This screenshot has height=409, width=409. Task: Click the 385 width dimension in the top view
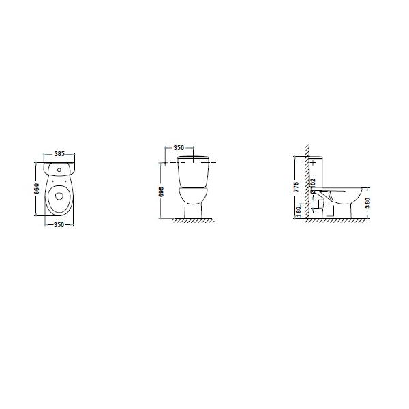(59, 154)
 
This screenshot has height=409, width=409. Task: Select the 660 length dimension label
(37, 189)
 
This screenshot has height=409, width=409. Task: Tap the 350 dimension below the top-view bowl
(59, 224)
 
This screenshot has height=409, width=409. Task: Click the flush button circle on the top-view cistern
(59, 170)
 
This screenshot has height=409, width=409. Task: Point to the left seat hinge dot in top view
(52, 181)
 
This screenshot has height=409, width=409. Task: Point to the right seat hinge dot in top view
(65, 181)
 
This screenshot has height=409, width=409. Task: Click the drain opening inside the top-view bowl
(59, 196)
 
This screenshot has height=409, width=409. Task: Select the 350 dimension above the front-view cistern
(179, 148)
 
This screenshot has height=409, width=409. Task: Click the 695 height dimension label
(161, 192)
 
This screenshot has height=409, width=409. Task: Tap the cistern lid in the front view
(193, 157)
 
